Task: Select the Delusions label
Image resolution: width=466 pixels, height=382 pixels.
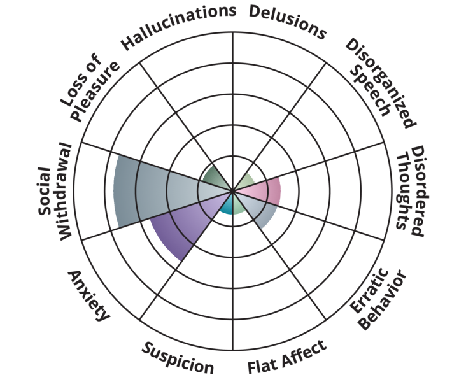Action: click(287, 22)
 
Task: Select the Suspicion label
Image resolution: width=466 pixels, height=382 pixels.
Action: click(178, 358)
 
